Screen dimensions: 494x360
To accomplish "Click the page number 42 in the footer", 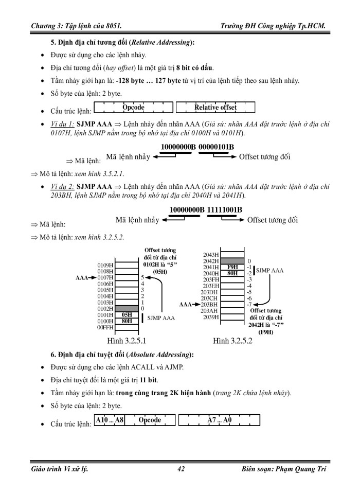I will [181, 469].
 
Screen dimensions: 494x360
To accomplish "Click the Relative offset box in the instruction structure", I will [215, 108].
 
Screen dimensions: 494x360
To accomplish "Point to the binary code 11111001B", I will [225, 209].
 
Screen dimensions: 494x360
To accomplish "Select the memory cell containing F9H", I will [232, 267].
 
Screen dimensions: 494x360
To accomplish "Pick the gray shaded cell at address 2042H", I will [232, 261].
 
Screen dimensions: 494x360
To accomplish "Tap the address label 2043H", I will [211, 255].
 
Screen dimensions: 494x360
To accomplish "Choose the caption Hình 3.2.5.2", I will [233, 341].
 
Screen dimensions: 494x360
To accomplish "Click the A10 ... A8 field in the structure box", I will [110, 420].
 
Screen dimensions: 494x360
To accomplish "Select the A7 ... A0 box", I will [220, 420].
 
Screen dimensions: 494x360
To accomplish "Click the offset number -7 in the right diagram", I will [249, 304].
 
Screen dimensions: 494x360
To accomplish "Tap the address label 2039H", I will [211, 316].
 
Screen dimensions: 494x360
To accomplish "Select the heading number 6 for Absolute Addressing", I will [52, 355].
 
